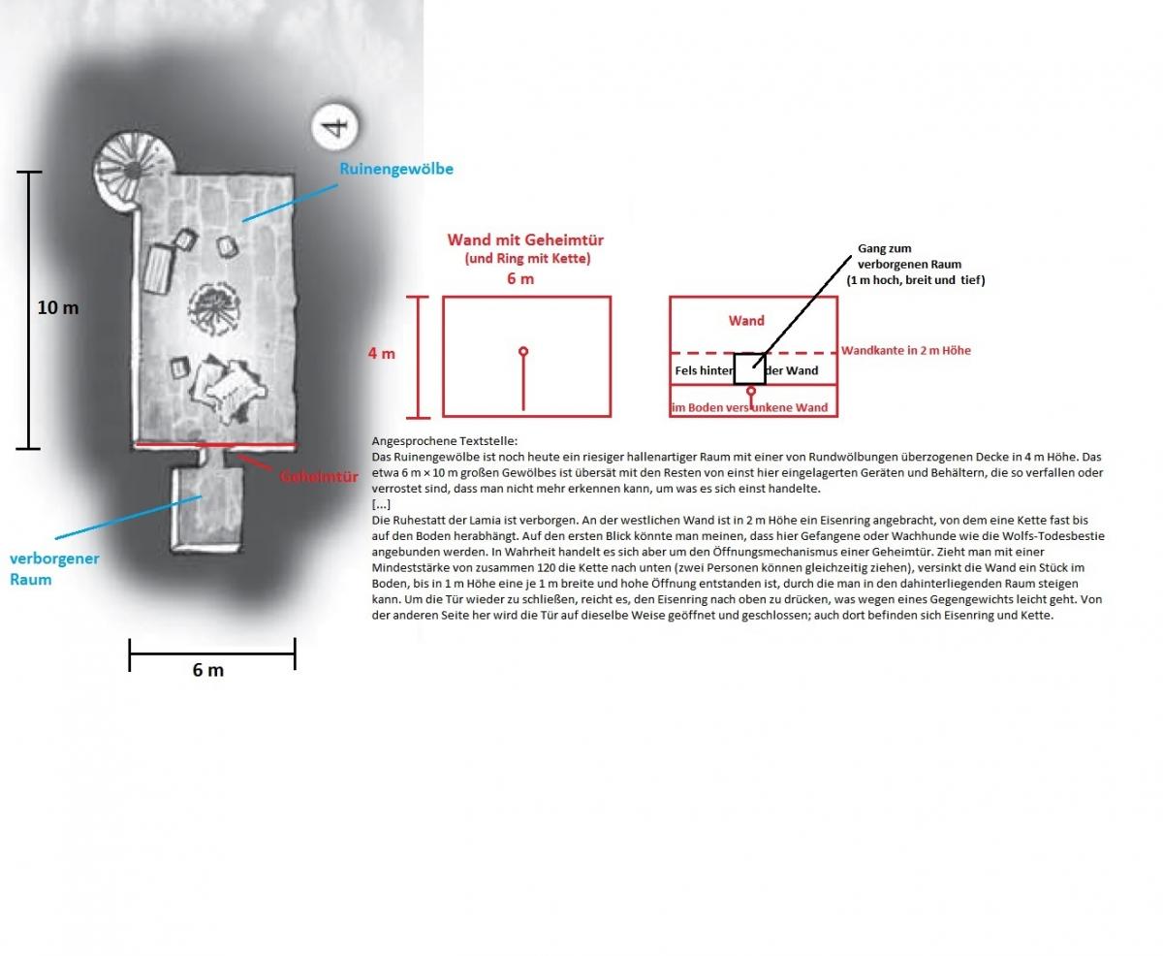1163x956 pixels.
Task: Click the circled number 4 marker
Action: point(334,126)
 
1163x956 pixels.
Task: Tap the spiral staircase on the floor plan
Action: point(134,171)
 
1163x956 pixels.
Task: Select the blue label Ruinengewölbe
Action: point(396,169)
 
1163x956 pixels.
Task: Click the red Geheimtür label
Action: point(319,476)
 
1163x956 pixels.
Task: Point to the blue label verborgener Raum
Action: point(54,568)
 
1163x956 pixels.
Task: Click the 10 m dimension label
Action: point(58,307)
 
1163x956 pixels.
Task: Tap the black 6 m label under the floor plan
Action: point(208,670)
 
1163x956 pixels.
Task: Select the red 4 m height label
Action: point(382,354)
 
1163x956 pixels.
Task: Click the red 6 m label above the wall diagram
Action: point(520,278)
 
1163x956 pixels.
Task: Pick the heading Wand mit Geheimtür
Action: point(525,239)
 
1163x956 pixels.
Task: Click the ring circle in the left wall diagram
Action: point(523,351)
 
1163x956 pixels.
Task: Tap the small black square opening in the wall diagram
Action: point(749,368)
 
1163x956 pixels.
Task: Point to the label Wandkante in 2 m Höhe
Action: point(906,350)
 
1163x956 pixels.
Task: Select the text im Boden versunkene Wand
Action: point(749,407)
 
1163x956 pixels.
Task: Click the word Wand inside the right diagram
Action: point(746,321)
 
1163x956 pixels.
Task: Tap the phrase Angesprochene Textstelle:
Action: point(445,441)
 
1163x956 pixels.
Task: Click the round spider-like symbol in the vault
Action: point(214,309)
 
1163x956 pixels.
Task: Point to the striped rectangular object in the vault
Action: point(159,270)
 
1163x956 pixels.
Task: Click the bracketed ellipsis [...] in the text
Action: point(381,504)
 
